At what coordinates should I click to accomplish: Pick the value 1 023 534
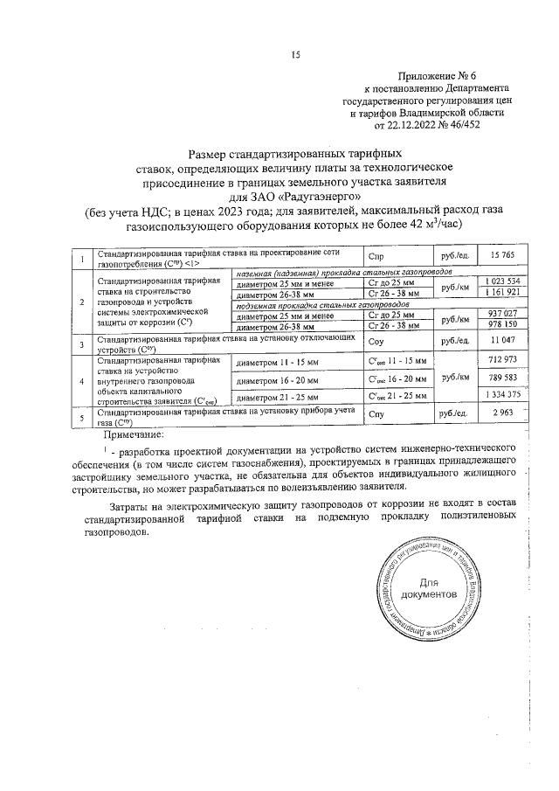pyautogui.click(x=502, y=281)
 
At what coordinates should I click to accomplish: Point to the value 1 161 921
pyautogui.click(x=502, y=291)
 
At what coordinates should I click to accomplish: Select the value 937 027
pyautogui.click(x=504, y=314)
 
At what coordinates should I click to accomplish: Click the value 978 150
pyautogui.click(x=504, y=325)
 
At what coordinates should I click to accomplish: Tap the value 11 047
pyautogui.click(x=505, y=340)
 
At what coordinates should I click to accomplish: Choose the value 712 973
pyautogui.click(x=504, y=360)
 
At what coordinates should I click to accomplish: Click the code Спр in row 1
pyautogui.click(x=377, y=256)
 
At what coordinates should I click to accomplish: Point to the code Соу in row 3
pyautogui.click(x=377, y=341)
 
